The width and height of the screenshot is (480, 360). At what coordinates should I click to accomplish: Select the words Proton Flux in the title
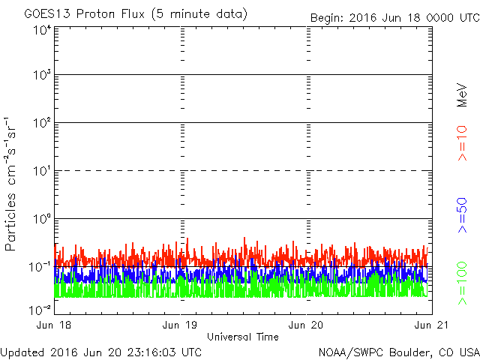(x=110, y=14)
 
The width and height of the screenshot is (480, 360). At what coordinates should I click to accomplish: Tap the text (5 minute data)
(x=199, y=14)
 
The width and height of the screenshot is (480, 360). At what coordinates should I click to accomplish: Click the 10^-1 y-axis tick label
(x=40, y=267)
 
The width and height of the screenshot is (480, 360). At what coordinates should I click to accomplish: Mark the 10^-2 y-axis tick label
(x=40, y=310)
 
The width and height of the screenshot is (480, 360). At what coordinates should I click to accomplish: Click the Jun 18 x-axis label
(x=53, y=325)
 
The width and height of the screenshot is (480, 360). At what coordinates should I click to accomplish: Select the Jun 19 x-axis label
(x=180, y=325)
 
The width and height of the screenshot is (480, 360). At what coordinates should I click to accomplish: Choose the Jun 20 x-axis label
(x=306, y=325)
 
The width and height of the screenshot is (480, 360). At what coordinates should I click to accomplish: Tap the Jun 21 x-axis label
(x=432, y=325)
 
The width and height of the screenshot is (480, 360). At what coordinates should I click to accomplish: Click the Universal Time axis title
(x=243, y=337)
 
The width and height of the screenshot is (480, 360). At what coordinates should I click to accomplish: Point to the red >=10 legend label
(x=462, y=143)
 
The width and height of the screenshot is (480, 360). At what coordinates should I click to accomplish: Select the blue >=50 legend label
(x=462, y=215)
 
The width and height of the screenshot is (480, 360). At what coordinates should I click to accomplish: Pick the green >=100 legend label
(x=462, y=283)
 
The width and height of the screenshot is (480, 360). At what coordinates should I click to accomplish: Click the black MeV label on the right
(x=462, y=95)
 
